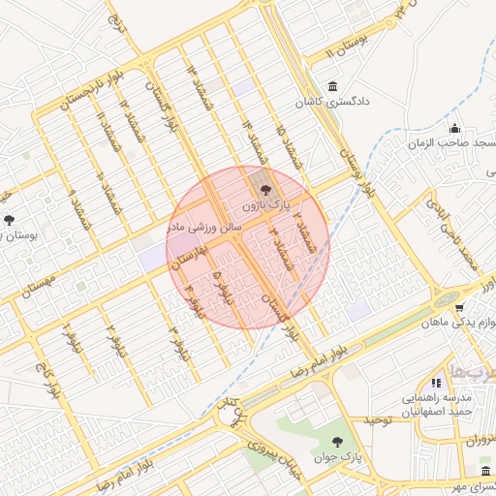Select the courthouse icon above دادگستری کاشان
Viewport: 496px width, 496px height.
tap(333, 85)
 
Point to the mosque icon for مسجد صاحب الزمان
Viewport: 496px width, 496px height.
tap(454, 129)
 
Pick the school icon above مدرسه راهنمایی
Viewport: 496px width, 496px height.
tap(435, 382)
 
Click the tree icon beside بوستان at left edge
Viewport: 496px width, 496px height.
tap(9, 220)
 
